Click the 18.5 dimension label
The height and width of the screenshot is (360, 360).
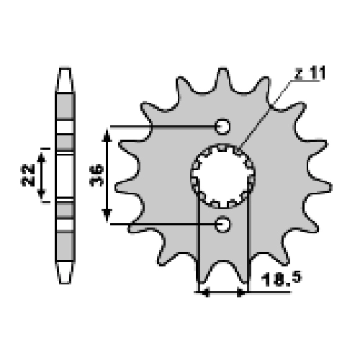[282, 279]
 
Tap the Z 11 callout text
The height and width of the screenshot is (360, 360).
[310, 73]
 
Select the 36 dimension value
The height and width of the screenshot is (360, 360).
[96, 176]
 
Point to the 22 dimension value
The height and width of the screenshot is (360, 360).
[28, 175]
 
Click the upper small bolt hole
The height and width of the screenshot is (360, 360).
[222, 127]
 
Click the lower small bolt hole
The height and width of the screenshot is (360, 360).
[223, 224]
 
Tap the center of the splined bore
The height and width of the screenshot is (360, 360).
[223, 176]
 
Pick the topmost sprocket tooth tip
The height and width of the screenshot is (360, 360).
[222, 69]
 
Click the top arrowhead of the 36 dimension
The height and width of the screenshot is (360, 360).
[107, 135]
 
